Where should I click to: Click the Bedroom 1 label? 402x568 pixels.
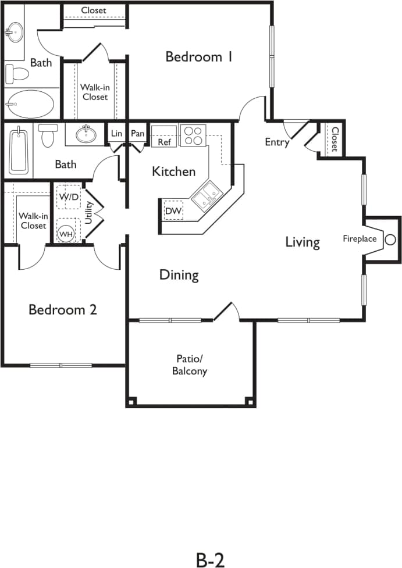tap(199, 57)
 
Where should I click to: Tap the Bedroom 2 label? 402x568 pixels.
tap(63, 309)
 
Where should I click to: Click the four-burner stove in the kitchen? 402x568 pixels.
tap(192, 135)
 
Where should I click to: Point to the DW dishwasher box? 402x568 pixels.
tap(173, 211)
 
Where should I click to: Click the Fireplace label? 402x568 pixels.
tap(359, 239)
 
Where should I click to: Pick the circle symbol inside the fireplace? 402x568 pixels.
tap(390, 239)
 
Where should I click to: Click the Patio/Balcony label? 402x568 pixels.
tap(190, 365)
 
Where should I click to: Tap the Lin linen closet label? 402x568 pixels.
tap(116, 134)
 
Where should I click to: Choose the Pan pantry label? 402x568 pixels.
tap(137, 134)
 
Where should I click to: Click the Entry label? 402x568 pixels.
tap(277, 142)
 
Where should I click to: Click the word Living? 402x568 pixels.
tap(302, 242)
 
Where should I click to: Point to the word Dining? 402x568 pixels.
tap(179, 275)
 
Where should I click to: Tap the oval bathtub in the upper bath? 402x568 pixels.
tap(29, 104)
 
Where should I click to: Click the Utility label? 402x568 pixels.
tap(89, 213)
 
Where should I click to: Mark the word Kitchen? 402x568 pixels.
tap(173, 172)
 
